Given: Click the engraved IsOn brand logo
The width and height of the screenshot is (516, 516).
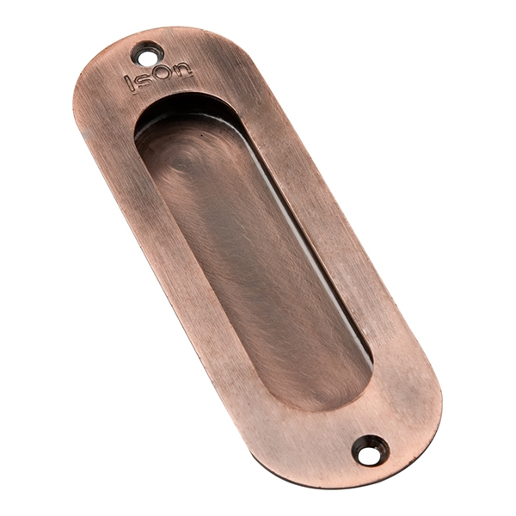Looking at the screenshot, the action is [157, 78].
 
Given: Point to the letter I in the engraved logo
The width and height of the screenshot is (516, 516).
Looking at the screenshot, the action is [130, 83].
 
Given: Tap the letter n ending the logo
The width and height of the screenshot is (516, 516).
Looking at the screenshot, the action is [182, 71].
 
